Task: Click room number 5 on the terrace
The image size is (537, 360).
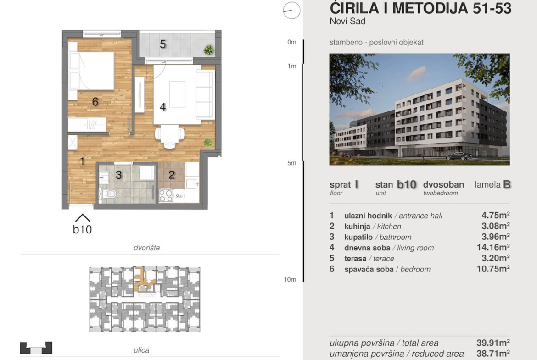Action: tap(163, 44)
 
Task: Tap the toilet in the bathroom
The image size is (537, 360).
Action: tap(110, 194)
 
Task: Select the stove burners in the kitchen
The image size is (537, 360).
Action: tap(166, 195)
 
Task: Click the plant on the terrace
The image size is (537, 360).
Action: tap(208, 50)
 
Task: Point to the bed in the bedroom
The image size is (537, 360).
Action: tap(91, 71)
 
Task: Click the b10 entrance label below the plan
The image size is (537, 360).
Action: tap(82, 229)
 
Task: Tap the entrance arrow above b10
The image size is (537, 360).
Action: tap(83, 218)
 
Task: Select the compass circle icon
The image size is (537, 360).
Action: tap(292, 10)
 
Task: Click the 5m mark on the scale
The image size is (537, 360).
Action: tap(292, 163)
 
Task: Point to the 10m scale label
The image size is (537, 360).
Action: tap(290, 280)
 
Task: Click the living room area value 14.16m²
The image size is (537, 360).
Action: tap(493, 248)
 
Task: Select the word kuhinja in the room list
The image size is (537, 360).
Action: tap(357, 227)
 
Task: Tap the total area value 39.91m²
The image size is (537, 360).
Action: tap(493, 343)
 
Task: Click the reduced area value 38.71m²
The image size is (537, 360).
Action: tap(493, 354)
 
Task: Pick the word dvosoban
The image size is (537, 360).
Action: tap(443, 185)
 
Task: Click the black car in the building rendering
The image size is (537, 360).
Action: tap(459, 156)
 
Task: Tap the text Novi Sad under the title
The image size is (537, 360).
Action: tap(347, 21)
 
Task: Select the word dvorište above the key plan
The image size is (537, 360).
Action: tap(146, 248)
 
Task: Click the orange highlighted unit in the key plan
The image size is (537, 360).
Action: tap(145, 279)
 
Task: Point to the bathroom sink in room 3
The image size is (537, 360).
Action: tap(104, 177)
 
